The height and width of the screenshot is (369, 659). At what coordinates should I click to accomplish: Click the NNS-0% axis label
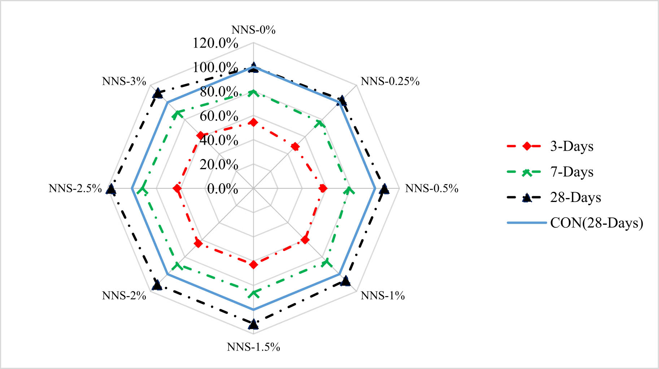253,30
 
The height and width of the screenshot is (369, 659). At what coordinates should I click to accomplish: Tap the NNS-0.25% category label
390,82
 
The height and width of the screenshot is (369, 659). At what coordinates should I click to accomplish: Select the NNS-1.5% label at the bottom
253,347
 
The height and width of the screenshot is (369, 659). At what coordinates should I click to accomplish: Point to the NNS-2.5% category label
75,188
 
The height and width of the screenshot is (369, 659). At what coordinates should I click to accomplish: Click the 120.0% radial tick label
215,43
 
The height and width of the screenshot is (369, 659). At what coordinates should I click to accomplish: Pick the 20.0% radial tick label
219,164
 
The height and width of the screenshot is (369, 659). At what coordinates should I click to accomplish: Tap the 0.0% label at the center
222,189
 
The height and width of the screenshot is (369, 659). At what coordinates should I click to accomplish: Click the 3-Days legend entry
572,146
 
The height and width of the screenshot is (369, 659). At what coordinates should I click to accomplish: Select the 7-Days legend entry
572,172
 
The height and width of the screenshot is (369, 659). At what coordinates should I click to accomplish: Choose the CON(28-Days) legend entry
596,223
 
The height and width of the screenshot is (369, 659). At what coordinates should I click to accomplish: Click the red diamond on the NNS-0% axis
253,123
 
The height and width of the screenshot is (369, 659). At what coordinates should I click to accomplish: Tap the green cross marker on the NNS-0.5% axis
349,190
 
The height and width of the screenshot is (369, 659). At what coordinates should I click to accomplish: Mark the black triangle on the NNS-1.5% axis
253,324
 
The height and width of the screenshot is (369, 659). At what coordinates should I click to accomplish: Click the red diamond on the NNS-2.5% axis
177,189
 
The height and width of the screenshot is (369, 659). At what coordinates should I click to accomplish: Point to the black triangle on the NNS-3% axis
157,93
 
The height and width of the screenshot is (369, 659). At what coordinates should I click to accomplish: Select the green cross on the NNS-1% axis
327,262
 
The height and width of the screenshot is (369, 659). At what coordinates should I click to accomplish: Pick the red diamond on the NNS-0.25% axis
295,146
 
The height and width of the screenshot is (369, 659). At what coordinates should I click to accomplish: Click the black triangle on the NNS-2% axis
157,285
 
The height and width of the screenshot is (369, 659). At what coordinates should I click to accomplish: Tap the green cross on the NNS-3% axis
176,115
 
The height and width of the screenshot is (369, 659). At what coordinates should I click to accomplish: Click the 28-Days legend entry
575,197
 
